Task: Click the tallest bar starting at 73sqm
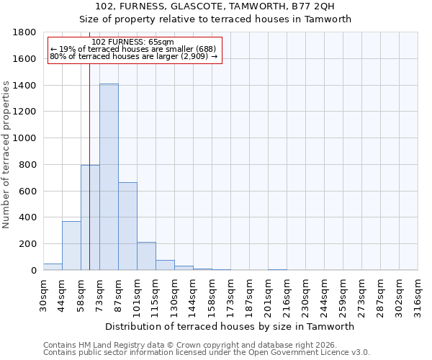109,177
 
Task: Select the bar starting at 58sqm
90,217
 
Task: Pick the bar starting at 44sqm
71,246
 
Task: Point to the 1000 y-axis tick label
25,138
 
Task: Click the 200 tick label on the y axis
28,244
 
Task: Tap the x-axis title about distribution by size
230,326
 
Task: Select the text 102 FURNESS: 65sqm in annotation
133,42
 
